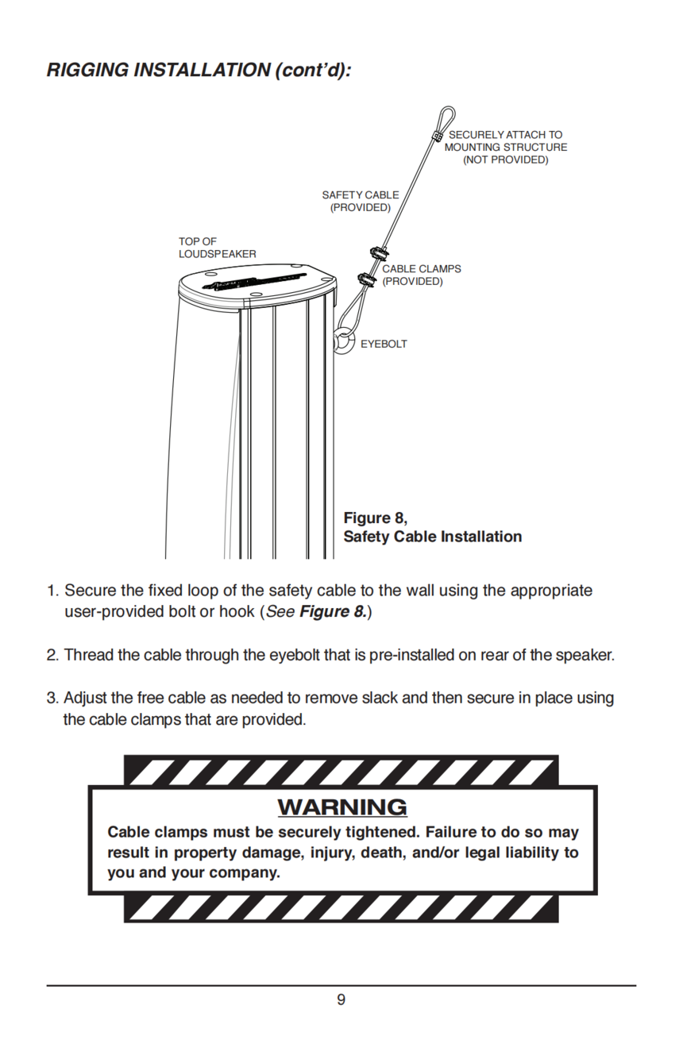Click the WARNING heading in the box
pyautogui.click(x=341, y=807)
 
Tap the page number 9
pyautogui.click(x=341, y=999)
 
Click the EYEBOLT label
pyautogui.click(x=384, y=344)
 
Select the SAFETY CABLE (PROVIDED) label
pyautogui.click(x=361, y=201)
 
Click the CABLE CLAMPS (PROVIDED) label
pyautogui.click(x=421, y=275)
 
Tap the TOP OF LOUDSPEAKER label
pyautogui.click(x=217, y=248)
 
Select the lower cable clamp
pyautogui.click(x=367, y=279)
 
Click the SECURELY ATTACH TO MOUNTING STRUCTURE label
pyautogui.click(x=505, y=147)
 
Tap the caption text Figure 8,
pyautogui.click(x=375, y=518)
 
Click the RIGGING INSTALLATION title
pyautogui.click(x=199, y=70)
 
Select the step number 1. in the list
pyautogui.click(x=53, y=591)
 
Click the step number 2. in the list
pyautogui.click(x=53, y=655)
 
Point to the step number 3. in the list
pyautogui.click(x=53, y=698)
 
